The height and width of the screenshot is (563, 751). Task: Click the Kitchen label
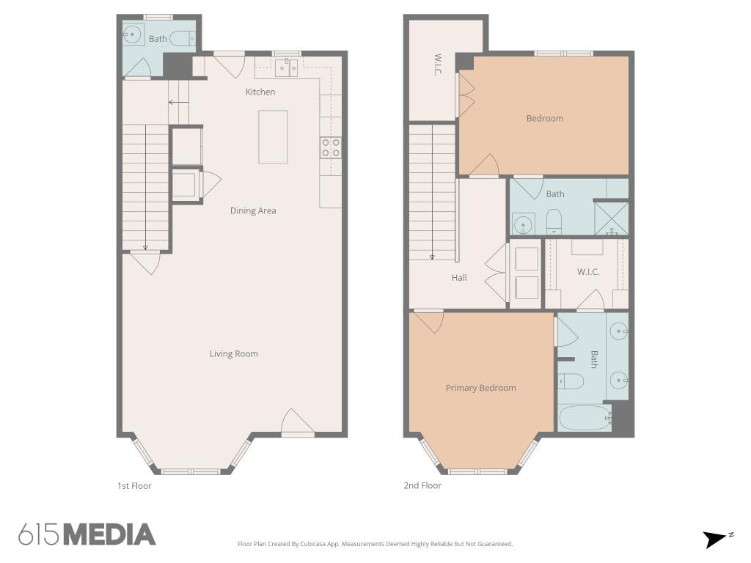(x=260, y=92)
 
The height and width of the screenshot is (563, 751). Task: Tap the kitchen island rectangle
(x=273, y=137)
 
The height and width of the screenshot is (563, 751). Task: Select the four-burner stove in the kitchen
(x=331, y=147)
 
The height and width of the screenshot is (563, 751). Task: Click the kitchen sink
(x=287, y=67)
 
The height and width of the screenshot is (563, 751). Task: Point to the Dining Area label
(x=253, y=210)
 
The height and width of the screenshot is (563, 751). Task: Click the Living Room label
(x=234, y=354)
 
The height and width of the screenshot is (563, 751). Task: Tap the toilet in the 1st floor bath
(x=183, y=38)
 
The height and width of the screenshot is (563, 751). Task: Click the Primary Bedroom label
(x=481, y=388)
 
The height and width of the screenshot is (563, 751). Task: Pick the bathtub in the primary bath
(x=585, y=419)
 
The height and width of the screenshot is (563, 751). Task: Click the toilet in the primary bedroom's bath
(x=571, y=381)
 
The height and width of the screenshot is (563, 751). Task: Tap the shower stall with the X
(x=611, y=218)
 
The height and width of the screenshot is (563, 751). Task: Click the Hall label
(x=459, y=278)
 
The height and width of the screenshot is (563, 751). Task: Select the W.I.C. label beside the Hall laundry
(x=588, y=272)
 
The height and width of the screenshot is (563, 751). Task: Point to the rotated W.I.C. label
(x=438, y=65)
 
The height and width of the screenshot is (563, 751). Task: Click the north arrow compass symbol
(x=717, y=539)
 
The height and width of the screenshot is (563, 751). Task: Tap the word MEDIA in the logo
(x=110, y=534)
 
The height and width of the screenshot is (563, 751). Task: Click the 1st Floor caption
(x=134, y=486)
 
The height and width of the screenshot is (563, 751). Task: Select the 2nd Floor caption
(x=422, y=485)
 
